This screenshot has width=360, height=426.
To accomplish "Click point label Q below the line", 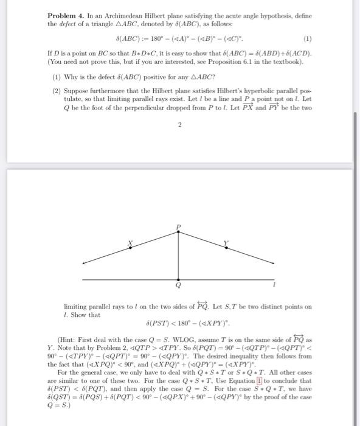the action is click(x=179, y=285).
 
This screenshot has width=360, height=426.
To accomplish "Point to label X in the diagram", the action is click(x=129, y=243).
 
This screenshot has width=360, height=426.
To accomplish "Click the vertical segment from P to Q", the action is click(x=179, y=256).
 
